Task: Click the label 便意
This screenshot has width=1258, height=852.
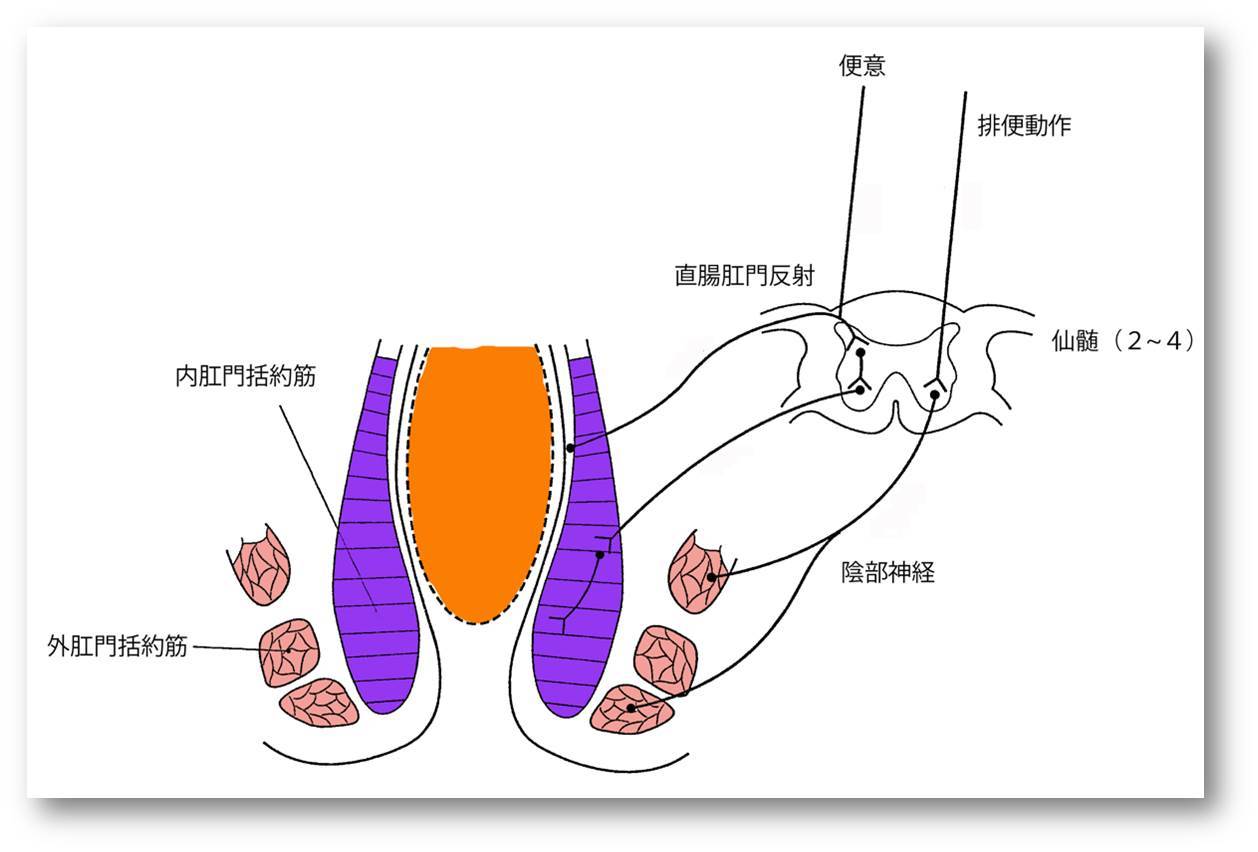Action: point(861,66)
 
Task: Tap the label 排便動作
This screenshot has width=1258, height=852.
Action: point(1024,127)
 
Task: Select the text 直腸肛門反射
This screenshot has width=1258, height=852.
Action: point(744,276)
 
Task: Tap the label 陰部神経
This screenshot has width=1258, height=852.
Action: point(888,573)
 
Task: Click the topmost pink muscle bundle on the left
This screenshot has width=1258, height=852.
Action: point(259,563)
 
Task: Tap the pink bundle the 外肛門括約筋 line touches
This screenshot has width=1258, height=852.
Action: point(289,651)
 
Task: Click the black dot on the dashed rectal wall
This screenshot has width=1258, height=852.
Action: point(569,448)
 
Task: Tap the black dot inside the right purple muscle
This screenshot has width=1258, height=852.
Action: point(600,555)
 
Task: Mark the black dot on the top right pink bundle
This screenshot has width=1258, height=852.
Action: point(711,577)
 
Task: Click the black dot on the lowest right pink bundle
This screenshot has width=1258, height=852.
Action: point(631,708)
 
